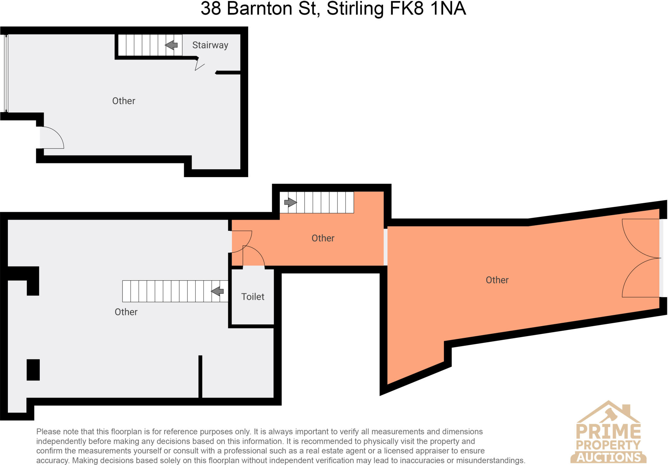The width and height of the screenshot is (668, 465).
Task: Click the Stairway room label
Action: [210, 45]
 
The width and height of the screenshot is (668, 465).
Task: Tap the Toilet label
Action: [252, 297]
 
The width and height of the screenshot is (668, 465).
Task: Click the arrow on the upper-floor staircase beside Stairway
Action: [171, 45]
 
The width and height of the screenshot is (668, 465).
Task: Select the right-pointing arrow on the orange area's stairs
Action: [290, 202]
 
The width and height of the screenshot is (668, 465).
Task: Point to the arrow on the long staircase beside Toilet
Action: [218, 291]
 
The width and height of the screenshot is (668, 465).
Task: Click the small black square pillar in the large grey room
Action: [33, 370]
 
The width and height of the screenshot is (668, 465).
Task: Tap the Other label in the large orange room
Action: [497, 280]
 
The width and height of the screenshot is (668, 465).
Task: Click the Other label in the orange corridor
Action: [323, 238]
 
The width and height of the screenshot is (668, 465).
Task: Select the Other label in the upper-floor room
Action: [124, 101]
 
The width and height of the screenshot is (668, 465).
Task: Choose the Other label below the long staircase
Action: [126, 312]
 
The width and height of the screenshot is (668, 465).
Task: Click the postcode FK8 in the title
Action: [407, 8]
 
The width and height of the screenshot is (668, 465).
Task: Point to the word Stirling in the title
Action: [355, 8]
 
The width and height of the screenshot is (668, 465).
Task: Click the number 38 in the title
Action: [211, 8]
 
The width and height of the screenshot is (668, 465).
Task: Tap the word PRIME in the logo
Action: [608, 431]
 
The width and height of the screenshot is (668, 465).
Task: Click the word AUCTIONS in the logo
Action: [609, 457]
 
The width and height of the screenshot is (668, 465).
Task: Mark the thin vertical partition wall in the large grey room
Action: [200, 377]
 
